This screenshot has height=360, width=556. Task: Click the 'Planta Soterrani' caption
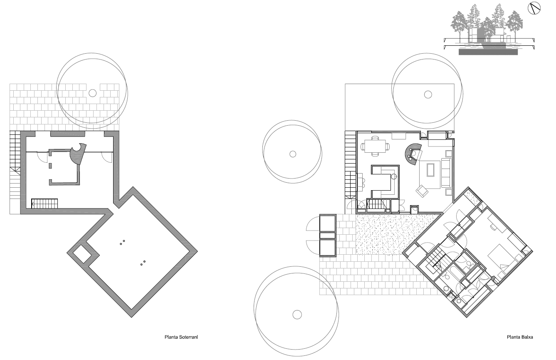tap(180, 338)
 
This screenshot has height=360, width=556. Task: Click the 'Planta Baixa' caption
tap(519, 338)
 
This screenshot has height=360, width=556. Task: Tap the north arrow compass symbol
tap(534, 8)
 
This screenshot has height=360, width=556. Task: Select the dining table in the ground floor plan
tap(375, 146)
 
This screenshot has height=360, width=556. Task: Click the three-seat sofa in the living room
tap(446, 172)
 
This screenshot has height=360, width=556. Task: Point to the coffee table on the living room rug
tap(431, 170)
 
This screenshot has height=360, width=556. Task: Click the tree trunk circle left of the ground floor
tap(292, 154)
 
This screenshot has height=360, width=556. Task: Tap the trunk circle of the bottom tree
tap(297, 314)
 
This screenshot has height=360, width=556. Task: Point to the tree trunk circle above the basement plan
tap(92, 92)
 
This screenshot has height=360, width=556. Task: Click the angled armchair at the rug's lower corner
tap(422, 190)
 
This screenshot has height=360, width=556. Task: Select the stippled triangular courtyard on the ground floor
tap(387, 233)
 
